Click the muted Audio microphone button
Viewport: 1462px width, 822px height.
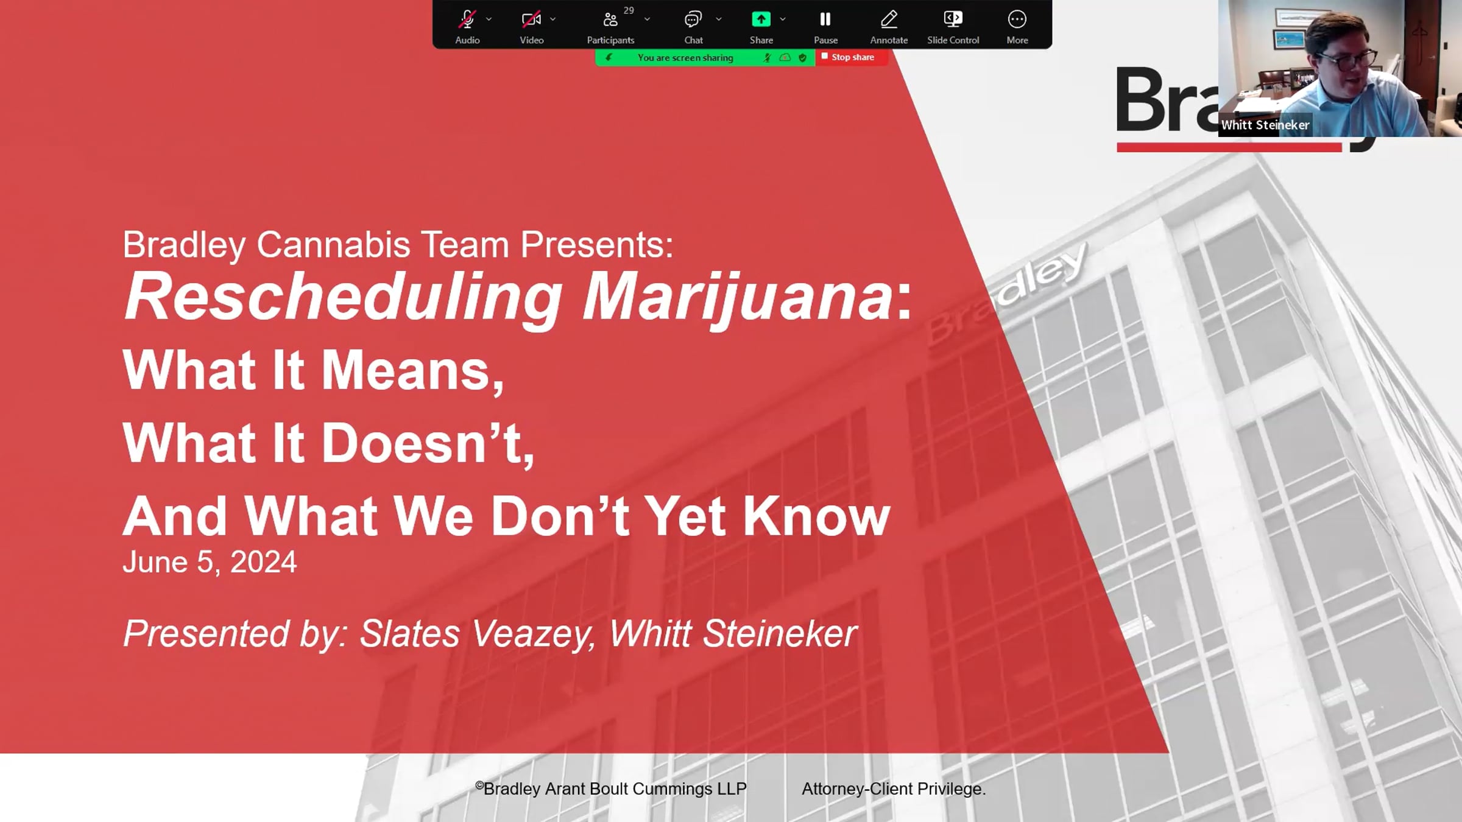(467, 26)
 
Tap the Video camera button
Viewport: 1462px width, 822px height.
(531, 26)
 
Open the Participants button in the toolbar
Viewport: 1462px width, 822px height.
(610, 26)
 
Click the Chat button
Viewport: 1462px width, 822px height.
(693, 26)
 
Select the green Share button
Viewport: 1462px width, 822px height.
(761, 26)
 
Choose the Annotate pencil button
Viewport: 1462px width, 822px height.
(889, 26)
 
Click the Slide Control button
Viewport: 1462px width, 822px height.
(953, 26)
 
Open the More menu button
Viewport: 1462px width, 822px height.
(1017, 26)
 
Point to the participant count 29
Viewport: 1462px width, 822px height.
(629, 10)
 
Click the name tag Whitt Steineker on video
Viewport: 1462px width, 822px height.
(1265, 125)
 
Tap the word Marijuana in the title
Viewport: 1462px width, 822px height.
(738, 297)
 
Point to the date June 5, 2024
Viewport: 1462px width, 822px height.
(210, 562)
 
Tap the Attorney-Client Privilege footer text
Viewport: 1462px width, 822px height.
(894, 789)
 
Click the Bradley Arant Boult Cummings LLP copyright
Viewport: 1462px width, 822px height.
(611, 789)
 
